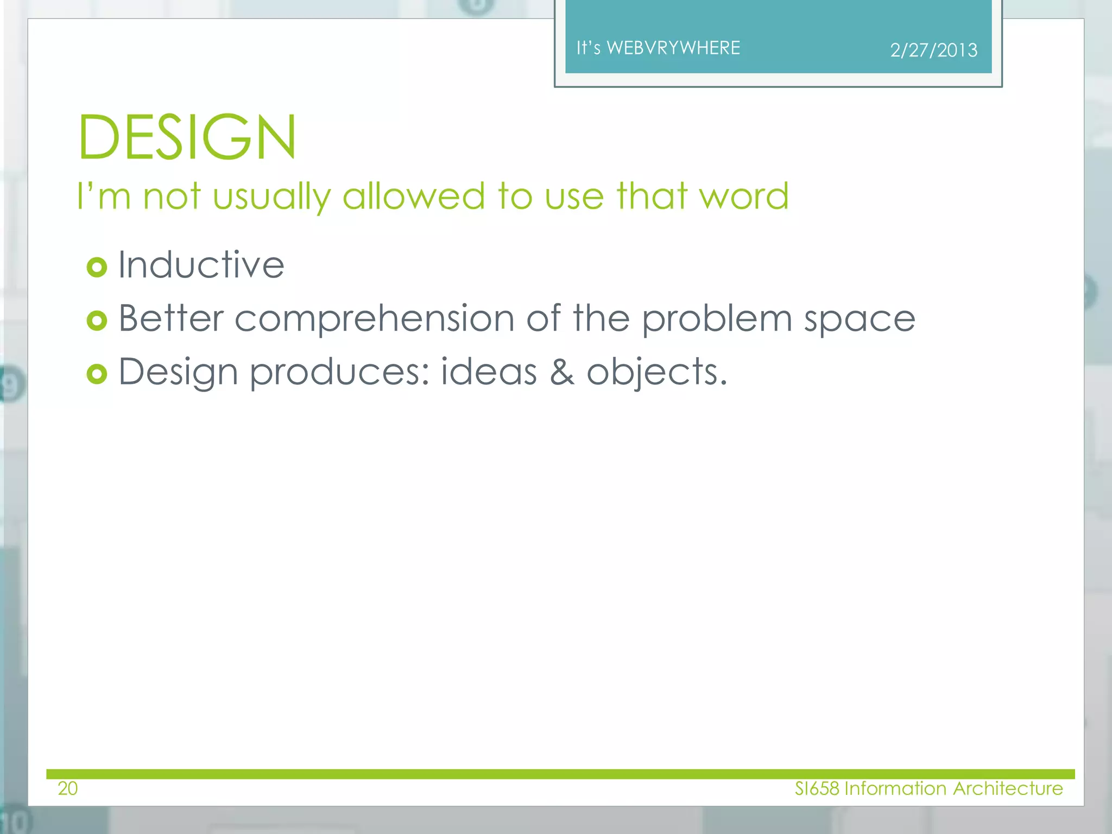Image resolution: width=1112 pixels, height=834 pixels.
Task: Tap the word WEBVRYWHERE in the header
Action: pos(673,48)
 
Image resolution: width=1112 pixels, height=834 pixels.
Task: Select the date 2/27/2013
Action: pos(933,50)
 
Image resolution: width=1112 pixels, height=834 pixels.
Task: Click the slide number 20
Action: pos(68,788)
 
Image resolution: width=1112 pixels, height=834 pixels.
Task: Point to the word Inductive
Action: pos(201,265)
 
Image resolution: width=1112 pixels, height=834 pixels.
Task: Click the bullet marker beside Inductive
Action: pos(97,267)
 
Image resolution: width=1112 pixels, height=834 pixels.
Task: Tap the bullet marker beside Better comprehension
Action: pos(97,320)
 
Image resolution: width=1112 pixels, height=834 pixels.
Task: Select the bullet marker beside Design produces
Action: pos(97,374)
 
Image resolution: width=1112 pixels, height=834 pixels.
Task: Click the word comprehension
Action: pos(374,319)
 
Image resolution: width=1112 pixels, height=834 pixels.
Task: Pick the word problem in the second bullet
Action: pos(717,319)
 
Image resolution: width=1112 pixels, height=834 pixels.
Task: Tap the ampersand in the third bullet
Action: pos(561,372)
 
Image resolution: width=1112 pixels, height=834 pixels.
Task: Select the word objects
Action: pos(656,373)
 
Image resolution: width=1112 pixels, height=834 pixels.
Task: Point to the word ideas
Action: pos(489,372)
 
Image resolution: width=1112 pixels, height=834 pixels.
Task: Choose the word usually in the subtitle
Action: pos(271,197)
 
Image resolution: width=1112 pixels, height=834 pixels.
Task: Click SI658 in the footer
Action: pos(817,788)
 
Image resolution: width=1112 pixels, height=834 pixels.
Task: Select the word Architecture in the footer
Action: pos(1008,788)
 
